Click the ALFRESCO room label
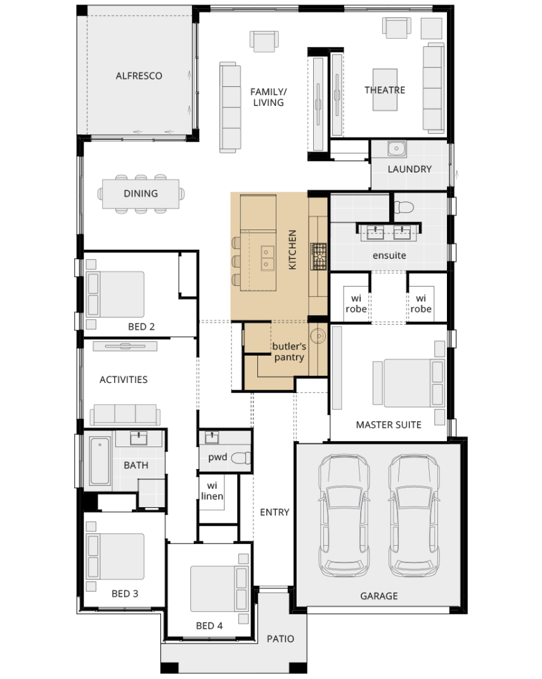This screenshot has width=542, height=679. pyautogui.click(x=139, y=76)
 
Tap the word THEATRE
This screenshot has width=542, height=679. pyautogui.click(x=385, y=90)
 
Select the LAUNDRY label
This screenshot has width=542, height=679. pyautogui.click(x=410, y=169)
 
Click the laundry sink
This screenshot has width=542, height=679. pyautogui.click(x=396, y=148)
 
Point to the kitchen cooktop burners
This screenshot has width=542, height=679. pyautogui.click(x=318, y=256)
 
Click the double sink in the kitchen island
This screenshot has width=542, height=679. pyautogui.click(x=267, y=258)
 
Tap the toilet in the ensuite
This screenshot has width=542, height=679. pyautogui.click(x=403, y=208)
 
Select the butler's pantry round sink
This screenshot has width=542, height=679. pyautogui.click(x=319, y=335)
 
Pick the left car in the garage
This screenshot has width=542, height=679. pyautogui.click(x=344, y=515)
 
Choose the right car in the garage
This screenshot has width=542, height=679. pyautogui.click(x=415, y=515)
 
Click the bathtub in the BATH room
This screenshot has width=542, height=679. pyautogui.click(x=100, y=460)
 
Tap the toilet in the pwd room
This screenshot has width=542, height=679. pyautogui.click(x=241, y=458)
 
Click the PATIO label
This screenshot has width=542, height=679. pyautogui.click(x=280, y=638)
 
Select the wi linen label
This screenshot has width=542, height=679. pyautogui.click(x=212, y=491)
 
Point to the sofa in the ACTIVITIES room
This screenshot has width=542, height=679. pyautogui.click(x=125, y=415)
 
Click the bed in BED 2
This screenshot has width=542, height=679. pyautogui.click(x=115, y=294)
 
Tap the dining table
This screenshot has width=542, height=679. pyautogui.click(x=141, y=193)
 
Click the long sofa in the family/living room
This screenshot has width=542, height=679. pyautogui.click(x=230, y=107)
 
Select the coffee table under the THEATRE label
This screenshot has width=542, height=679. pyautogui.click(x=385, y=89)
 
